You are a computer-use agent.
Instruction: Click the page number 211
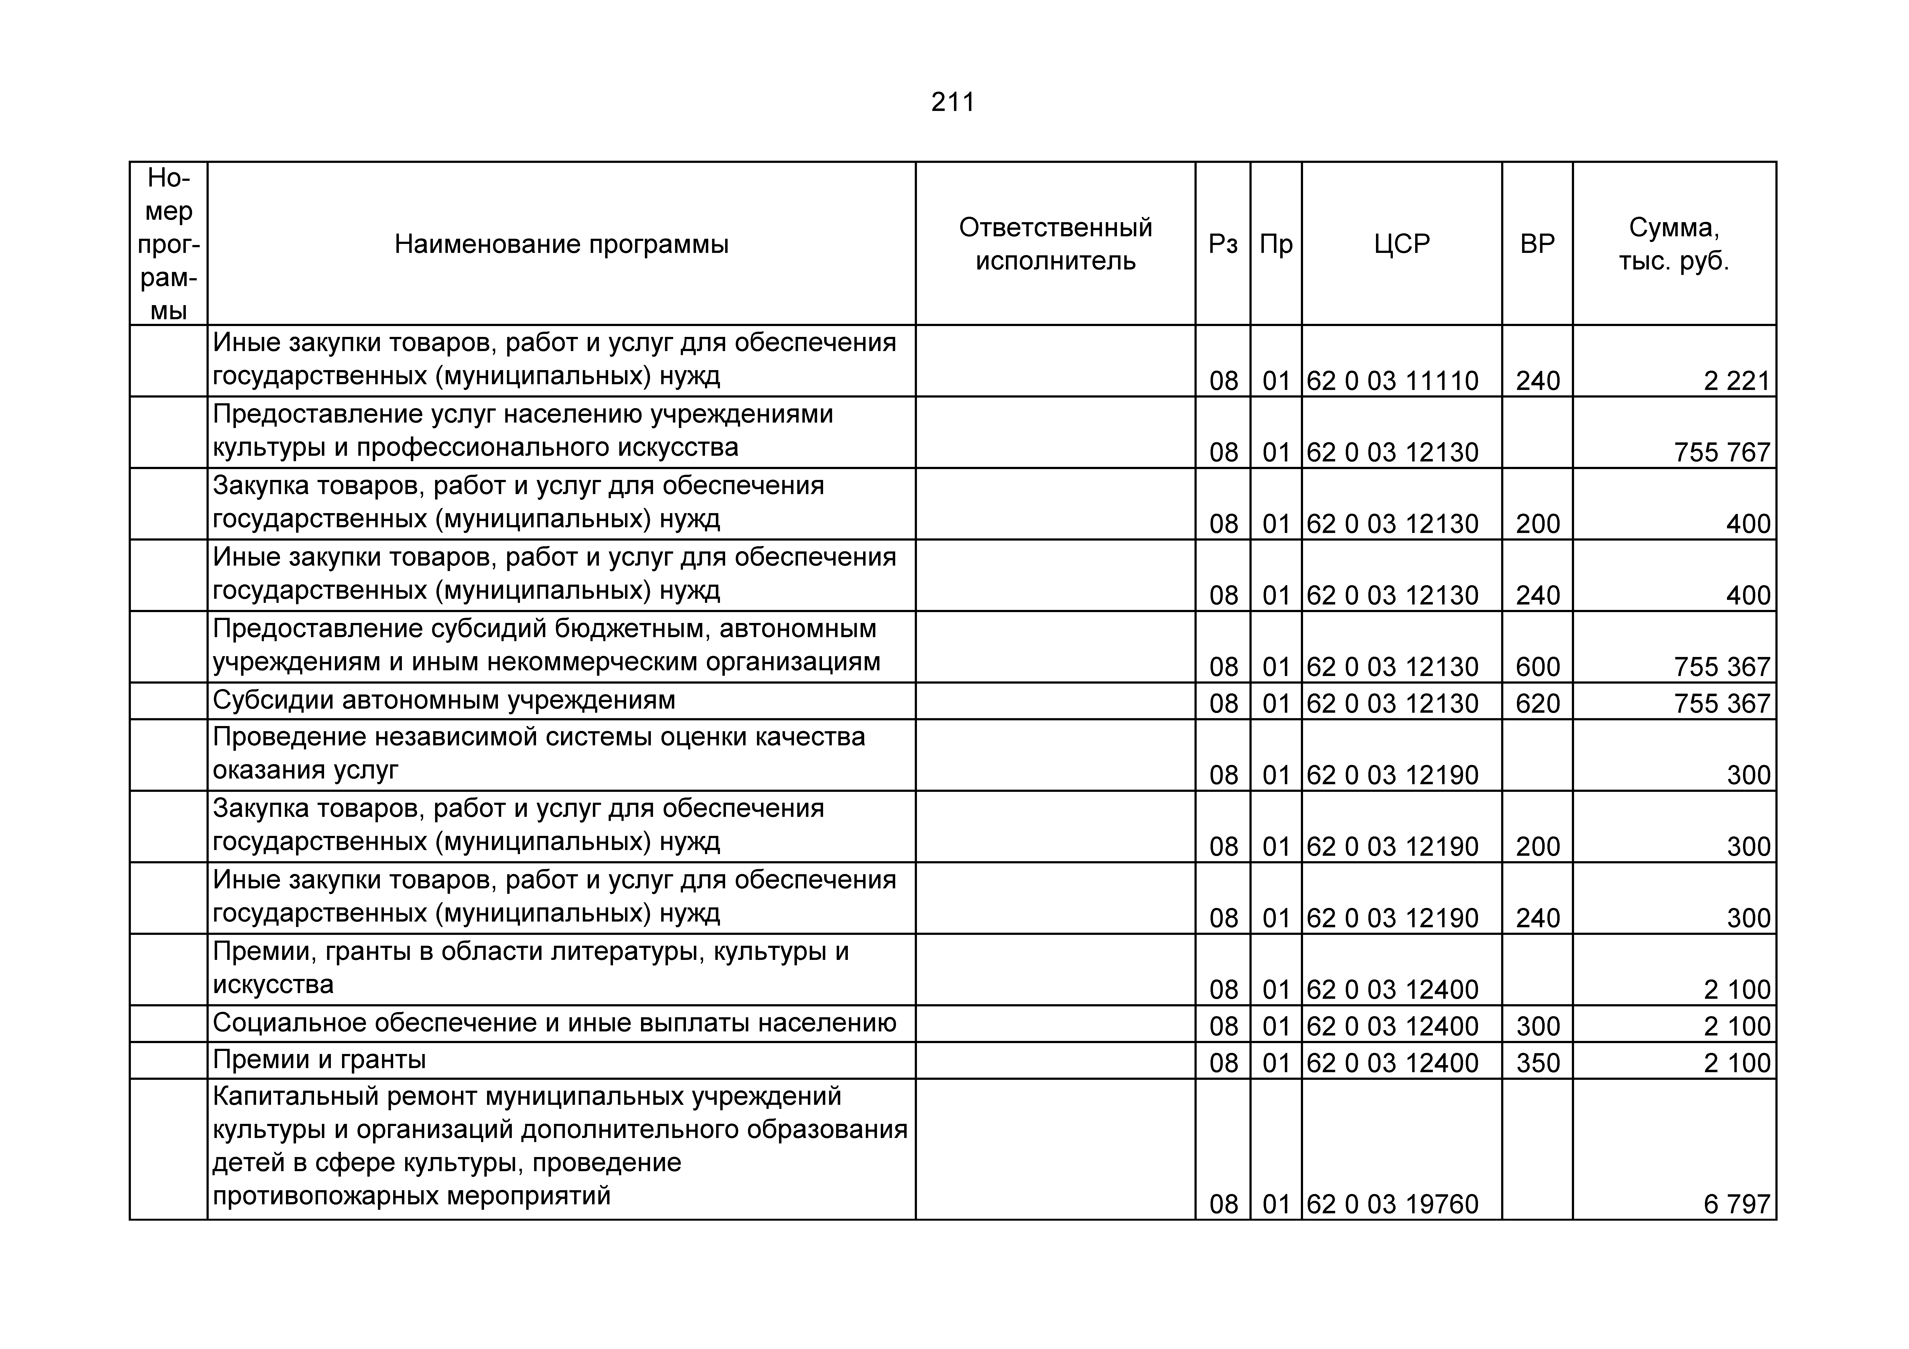(953, 102)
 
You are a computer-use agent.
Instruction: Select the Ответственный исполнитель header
(1055, 244)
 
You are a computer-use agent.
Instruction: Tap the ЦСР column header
(1402, 244)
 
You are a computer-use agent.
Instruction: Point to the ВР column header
(1537, 244)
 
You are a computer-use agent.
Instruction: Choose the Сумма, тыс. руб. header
(1674, 244)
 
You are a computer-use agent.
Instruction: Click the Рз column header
(1223, 244)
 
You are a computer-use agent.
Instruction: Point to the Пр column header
(1276, 244)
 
